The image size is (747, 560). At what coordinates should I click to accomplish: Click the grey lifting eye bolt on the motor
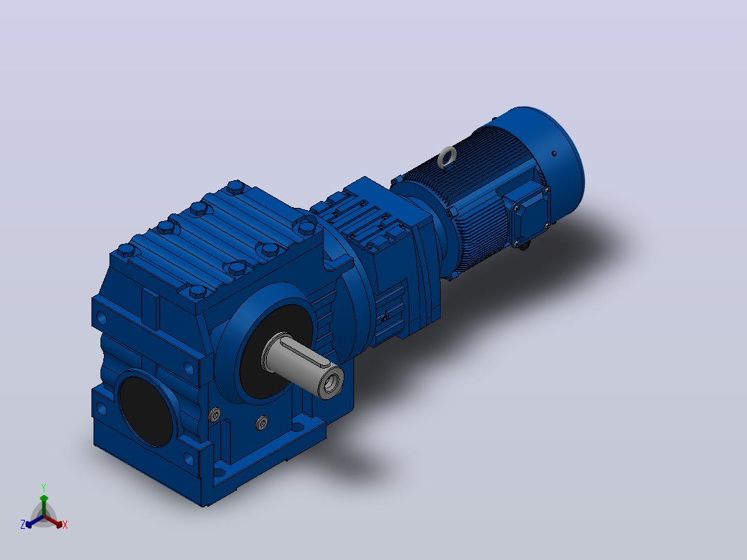pyautogui.click(x=447, y=157)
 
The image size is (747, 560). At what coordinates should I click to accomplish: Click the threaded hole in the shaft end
pyautogui.click(x=331, y=383)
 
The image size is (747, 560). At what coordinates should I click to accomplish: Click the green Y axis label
pyautogui.click(x=44, y=487)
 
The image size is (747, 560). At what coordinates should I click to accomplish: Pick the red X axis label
pyautogui.click(x=65, y=525)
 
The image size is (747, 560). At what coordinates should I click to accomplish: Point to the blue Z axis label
pyautogui.click(x=22, y=524)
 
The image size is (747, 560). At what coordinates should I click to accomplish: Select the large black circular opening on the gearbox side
pyautogui.click(x=146, y=410)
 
